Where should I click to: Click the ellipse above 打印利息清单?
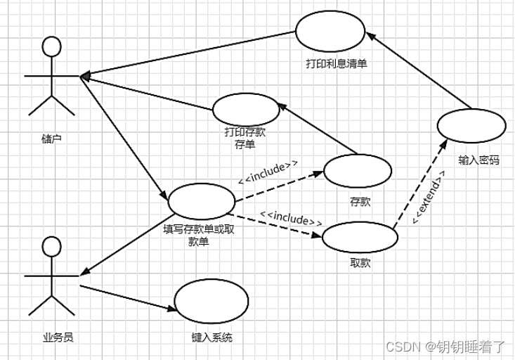pos(330,32)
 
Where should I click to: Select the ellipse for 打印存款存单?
pos(246,109)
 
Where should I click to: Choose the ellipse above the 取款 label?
pos(360,237)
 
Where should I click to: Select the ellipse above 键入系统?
pos(211,302)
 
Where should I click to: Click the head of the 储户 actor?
pos(51,47)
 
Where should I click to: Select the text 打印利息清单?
pos(337,64)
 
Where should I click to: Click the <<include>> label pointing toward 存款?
pos(268,171)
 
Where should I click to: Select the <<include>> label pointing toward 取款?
pos(291,219)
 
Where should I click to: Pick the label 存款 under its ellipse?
pos(360,202)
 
